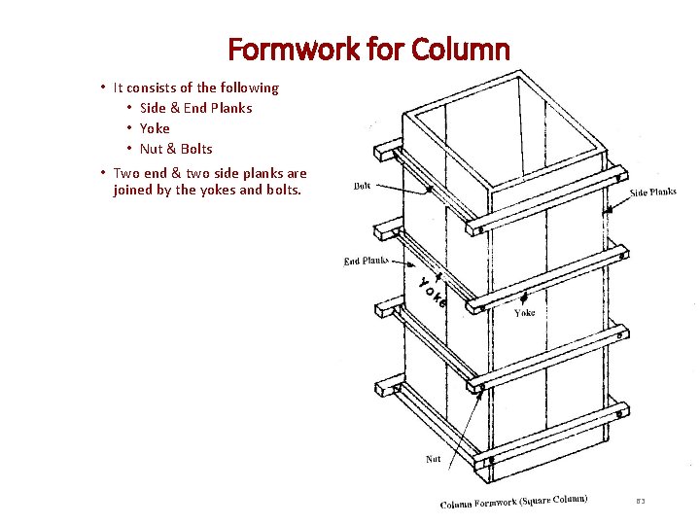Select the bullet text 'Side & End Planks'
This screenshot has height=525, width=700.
195,108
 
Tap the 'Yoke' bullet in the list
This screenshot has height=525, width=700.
155,128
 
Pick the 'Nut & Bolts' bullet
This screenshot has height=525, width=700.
176,149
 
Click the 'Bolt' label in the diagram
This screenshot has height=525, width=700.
362,186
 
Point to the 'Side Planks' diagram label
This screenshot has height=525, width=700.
652,192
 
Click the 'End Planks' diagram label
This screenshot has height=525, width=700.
366,261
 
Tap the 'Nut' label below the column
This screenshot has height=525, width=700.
434,459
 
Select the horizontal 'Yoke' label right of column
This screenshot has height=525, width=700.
524,313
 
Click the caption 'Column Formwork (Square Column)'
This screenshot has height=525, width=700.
513,502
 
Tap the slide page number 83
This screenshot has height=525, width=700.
641,502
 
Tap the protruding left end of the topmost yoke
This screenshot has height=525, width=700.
386,152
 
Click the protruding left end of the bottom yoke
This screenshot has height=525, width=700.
387,386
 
